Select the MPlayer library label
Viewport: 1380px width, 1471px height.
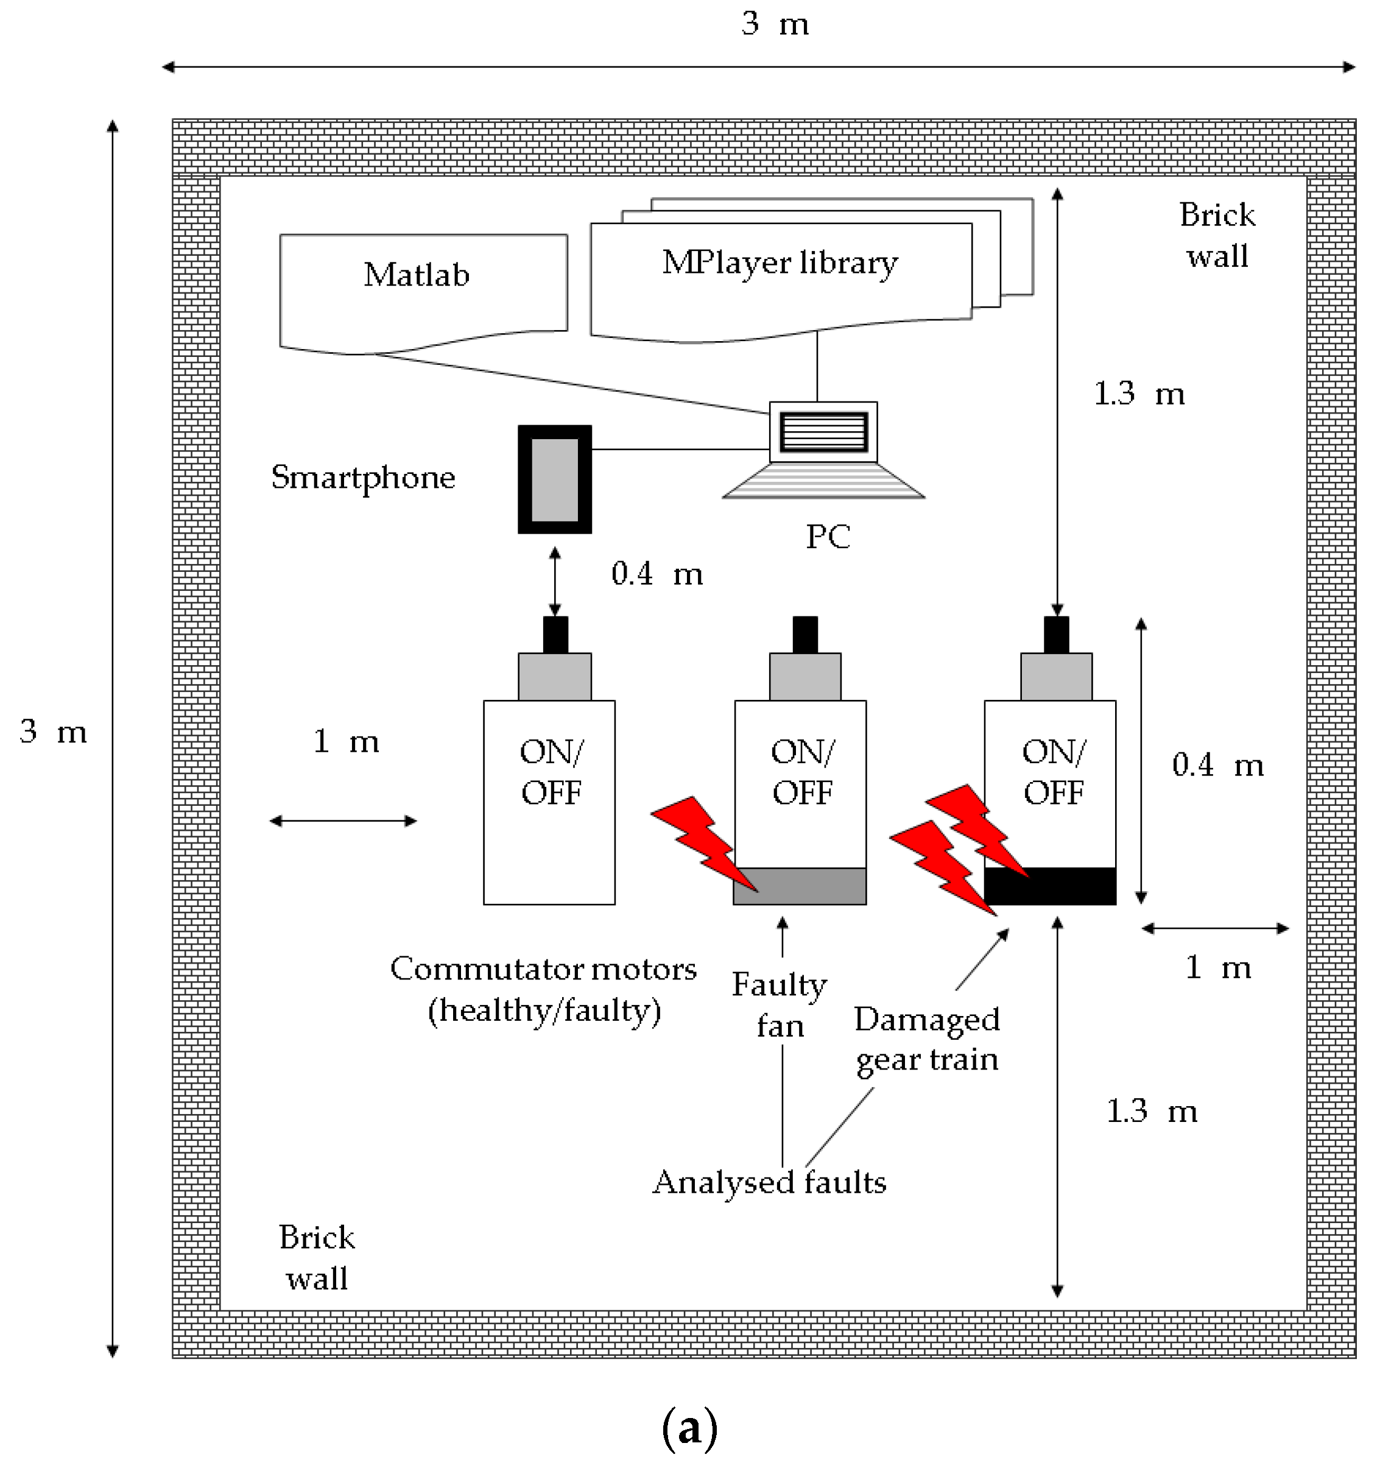(780, 263)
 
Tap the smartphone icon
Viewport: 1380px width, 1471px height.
(554, 479)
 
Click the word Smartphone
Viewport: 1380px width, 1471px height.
(362, 478)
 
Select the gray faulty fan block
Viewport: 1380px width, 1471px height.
(800, 886)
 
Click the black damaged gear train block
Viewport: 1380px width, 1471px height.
(1050, 886)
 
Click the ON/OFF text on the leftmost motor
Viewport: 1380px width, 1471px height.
(551, 772)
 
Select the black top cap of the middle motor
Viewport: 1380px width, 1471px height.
(805, 635)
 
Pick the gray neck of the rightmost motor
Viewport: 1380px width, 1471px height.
(1056, 676)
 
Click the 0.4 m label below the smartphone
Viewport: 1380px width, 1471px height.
(657, 574)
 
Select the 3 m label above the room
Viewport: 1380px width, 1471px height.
(775, 24)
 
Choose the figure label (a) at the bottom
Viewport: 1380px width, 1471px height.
(689, 1429)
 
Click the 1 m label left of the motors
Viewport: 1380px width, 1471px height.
(345, 741)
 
